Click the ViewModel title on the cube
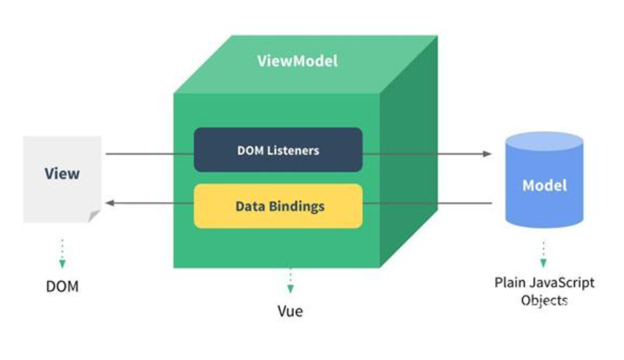[297, 61]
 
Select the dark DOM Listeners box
[278, 150]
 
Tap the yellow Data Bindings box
[278, 206]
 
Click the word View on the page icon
[62, 174]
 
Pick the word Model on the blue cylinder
[544, 185]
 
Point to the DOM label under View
[62, 286]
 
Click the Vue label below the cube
[290, 311]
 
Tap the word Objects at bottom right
[544, 300]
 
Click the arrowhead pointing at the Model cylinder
[487, 154]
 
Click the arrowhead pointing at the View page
[109, 203]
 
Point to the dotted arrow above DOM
[62, 253]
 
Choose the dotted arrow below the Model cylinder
[543, 253]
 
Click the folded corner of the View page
[94, 216]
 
